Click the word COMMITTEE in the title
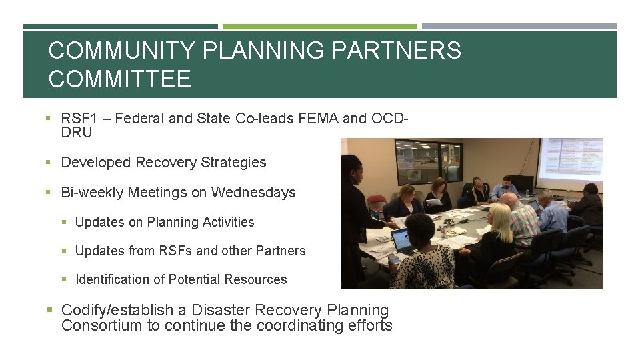tap(120, 80)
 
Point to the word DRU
tap(77, 132)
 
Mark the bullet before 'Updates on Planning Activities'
tap(66, 222)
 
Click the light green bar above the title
tap(320, 27)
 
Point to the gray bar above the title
tap(519, 27)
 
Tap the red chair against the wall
tap(376, 203)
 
